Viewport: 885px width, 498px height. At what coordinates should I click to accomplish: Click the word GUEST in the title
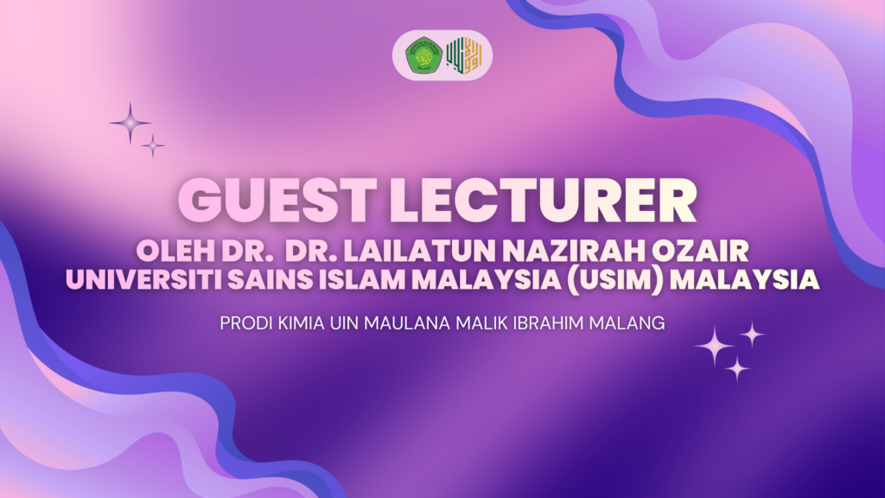pos(277,201)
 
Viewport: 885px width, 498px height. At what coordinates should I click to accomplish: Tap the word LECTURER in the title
pos(543,201)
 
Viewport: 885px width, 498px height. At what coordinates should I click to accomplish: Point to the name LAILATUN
pos(420,252)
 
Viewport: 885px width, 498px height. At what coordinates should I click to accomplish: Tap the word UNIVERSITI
pos(144,280)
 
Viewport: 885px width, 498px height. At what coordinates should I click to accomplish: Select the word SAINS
pos(271,280)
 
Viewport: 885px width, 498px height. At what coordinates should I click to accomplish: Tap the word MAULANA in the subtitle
pos(407,323)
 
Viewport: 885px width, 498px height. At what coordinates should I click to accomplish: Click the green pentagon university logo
pos(423,55)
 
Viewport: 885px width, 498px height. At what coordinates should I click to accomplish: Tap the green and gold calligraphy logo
pos(464,55)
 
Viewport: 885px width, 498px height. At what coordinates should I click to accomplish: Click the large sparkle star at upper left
pos(131,123)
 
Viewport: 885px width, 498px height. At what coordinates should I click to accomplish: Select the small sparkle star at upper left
pos(153,145)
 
